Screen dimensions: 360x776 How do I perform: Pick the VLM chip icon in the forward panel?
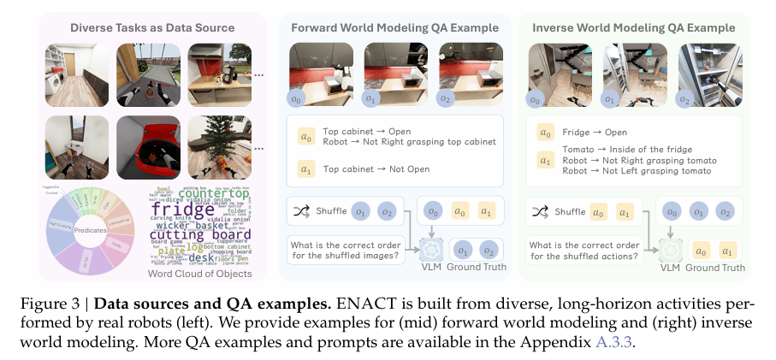click(432, 248)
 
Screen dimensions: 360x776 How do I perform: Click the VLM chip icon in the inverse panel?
click(672, 249)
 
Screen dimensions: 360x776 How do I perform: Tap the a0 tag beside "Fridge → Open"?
click(544, 133)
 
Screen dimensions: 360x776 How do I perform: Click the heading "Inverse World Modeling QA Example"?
click(633, 27)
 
